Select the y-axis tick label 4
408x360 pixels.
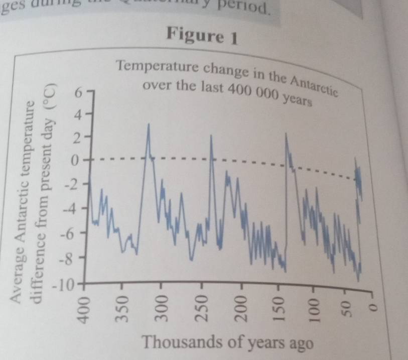click(x=77, y=115)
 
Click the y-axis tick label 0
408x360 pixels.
click(x=76, y=161)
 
